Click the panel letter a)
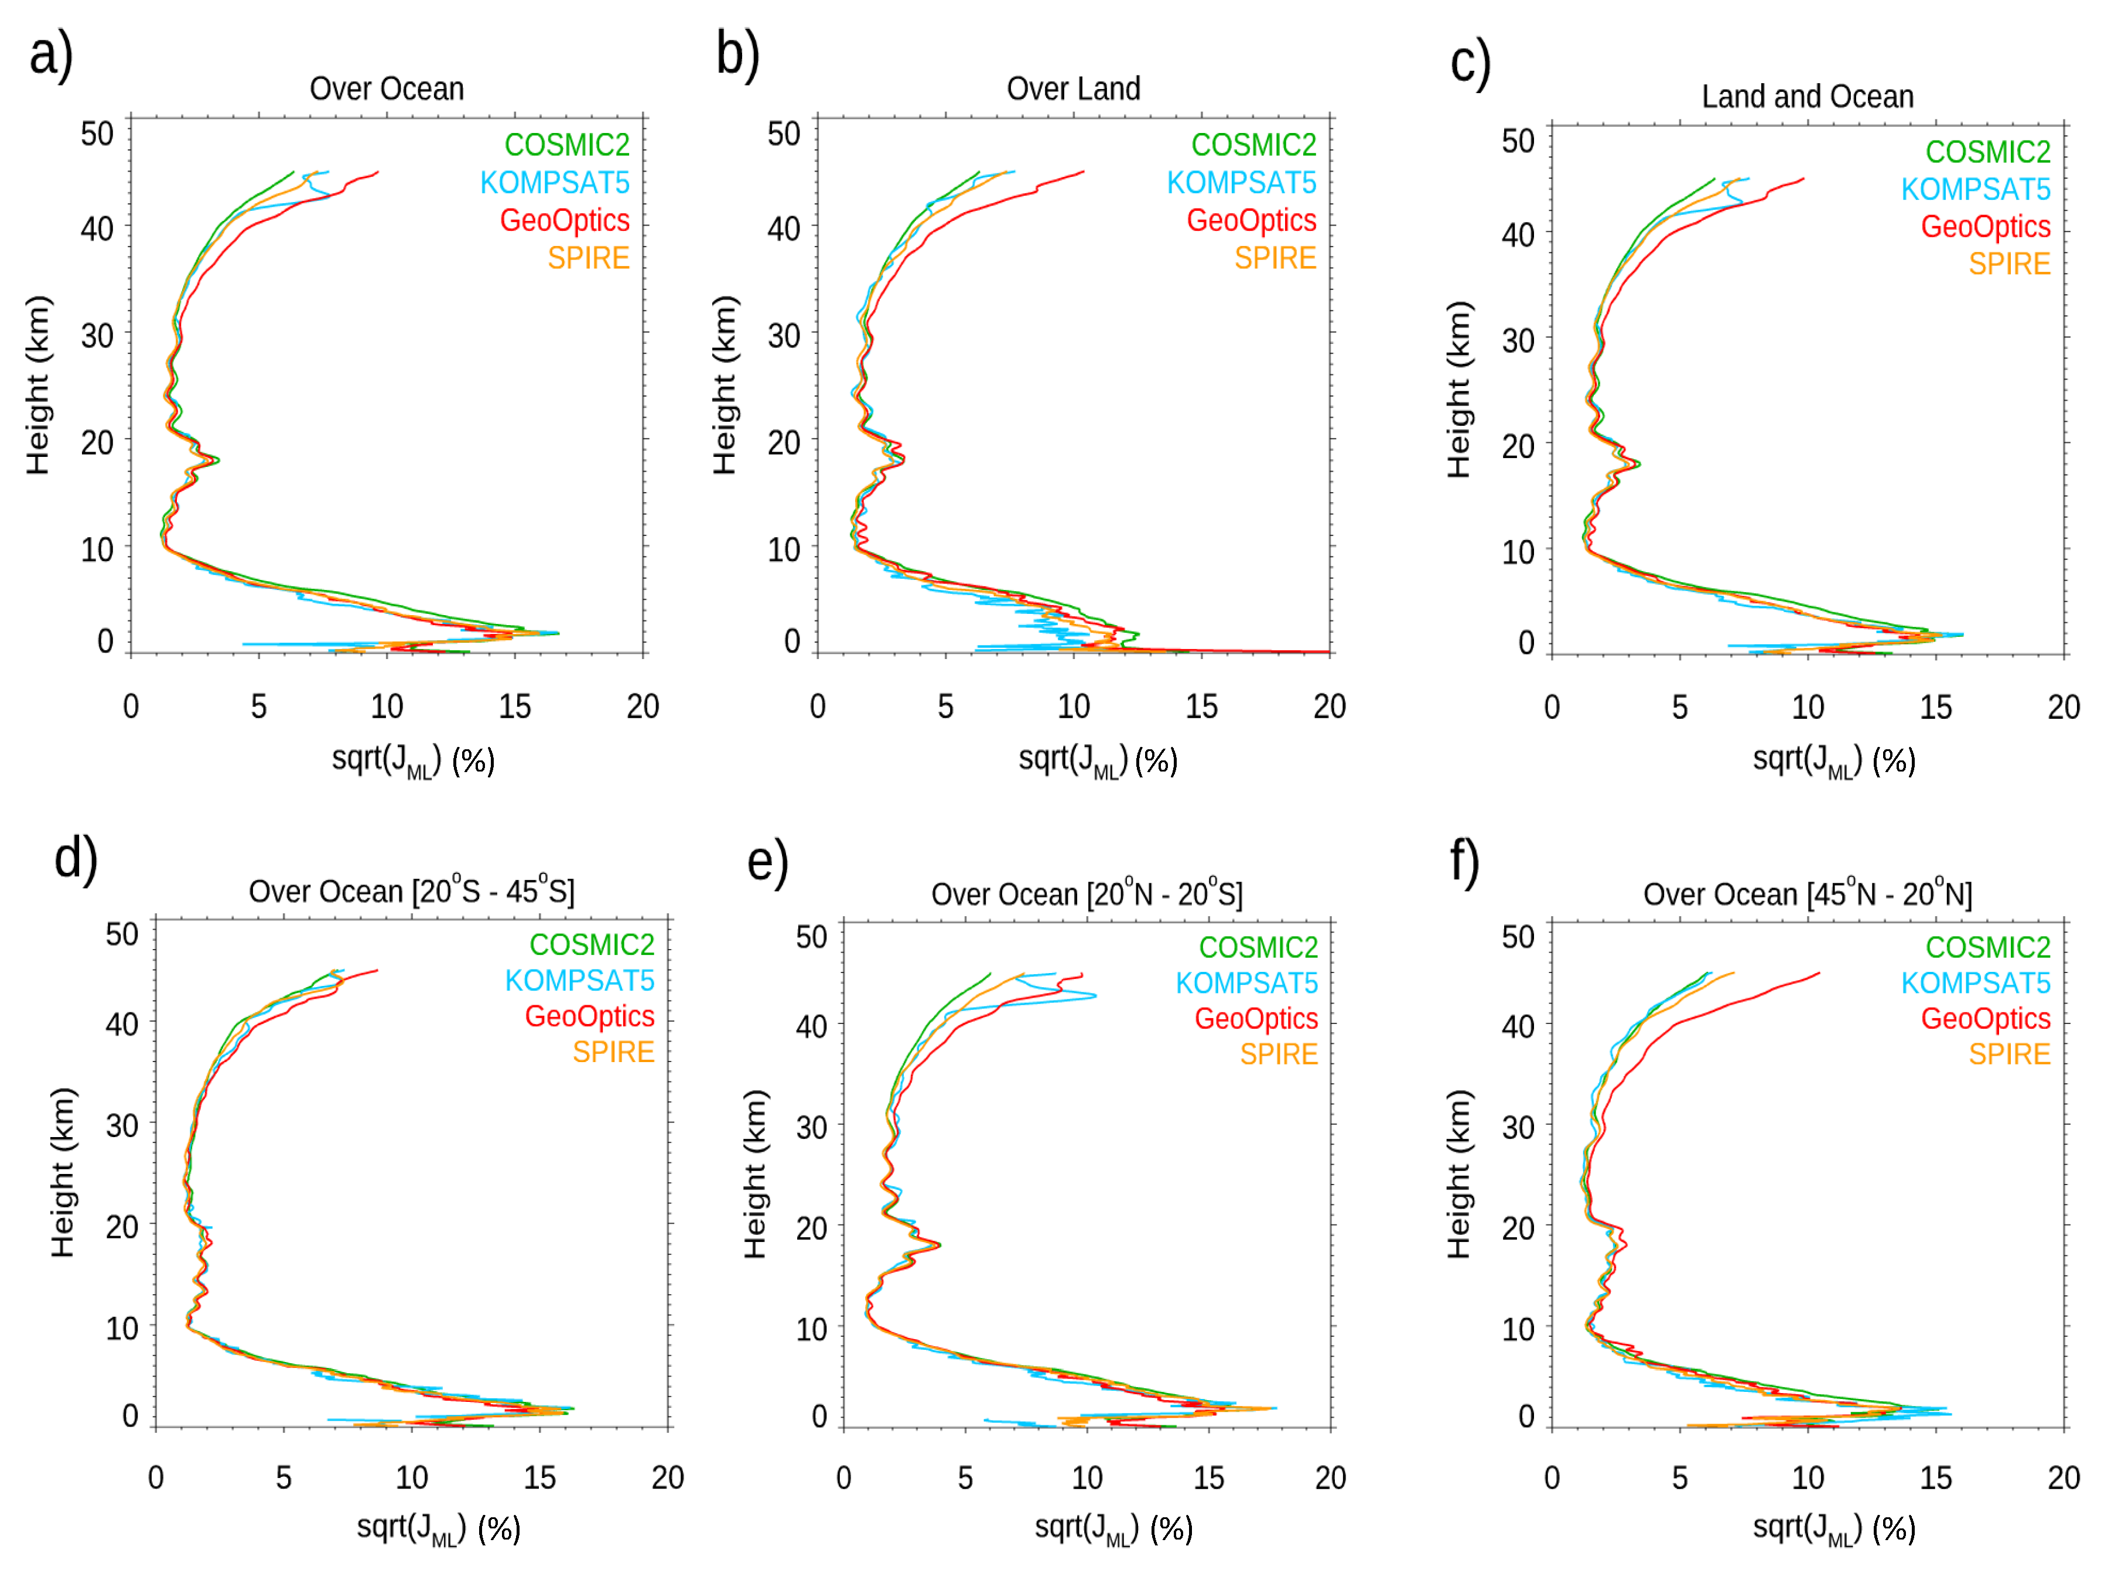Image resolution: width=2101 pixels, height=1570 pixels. click(50, 55)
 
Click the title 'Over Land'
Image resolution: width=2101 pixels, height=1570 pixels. click(1073, 89)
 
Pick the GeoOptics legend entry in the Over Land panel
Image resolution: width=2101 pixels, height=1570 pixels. click(1251, 220)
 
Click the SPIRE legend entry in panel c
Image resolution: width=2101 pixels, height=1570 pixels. click(2009, 264)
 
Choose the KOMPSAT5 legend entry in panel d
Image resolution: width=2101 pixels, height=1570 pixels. click(579, 980)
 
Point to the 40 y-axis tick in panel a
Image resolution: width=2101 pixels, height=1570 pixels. click(97, 229)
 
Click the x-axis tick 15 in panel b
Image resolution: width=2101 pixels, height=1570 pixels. click(1201, 706)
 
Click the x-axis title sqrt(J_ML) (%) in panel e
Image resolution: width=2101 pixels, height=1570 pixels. click(1113, 1529)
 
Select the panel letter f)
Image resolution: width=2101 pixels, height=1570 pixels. click(1464, 862)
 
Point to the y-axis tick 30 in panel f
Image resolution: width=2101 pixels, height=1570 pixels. click(1518, 1127)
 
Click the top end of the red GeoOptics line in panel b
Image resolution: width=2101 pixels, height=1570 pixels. click(1083, 172)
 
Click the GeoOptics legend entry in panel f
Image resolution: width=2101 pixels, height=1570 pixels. click(1985, 1018)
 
